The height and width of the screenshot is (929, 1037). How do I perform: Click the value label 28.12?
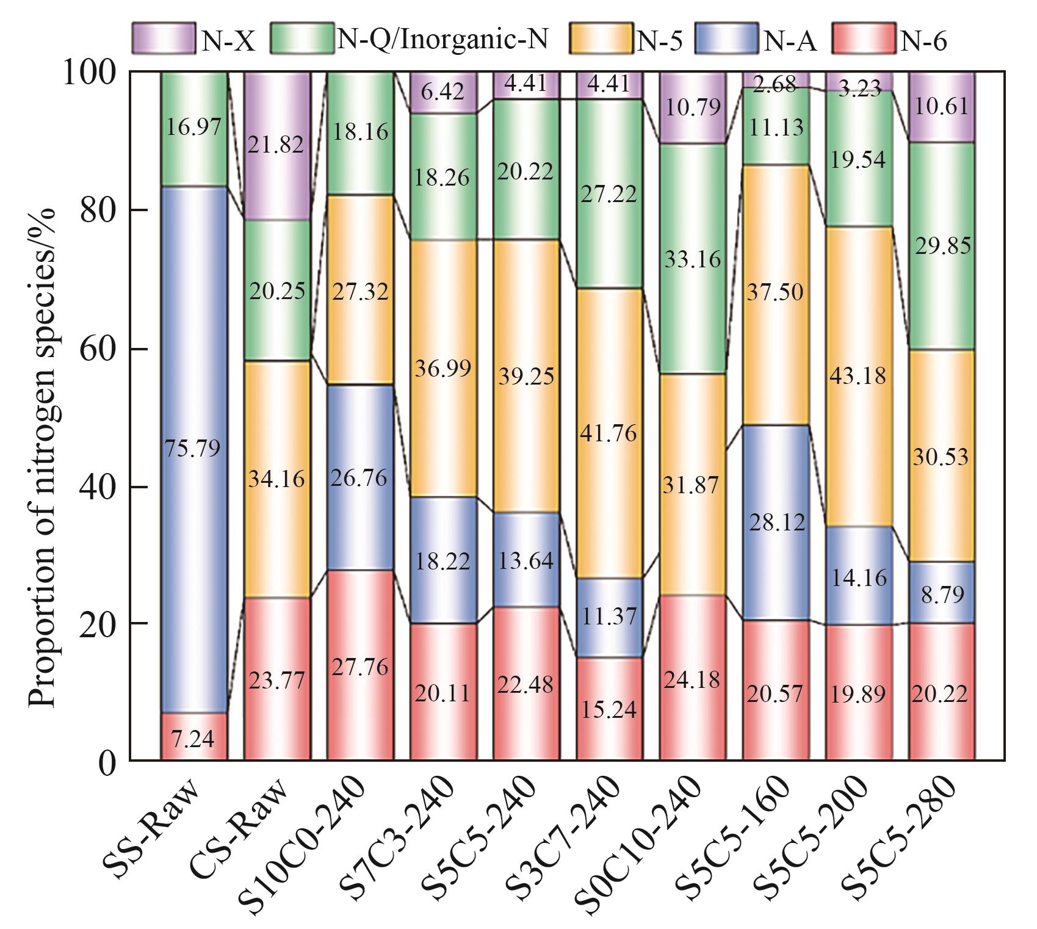coord(776,522)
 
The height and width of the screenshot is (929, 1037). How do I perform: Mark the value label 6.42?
coord(443,92)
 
